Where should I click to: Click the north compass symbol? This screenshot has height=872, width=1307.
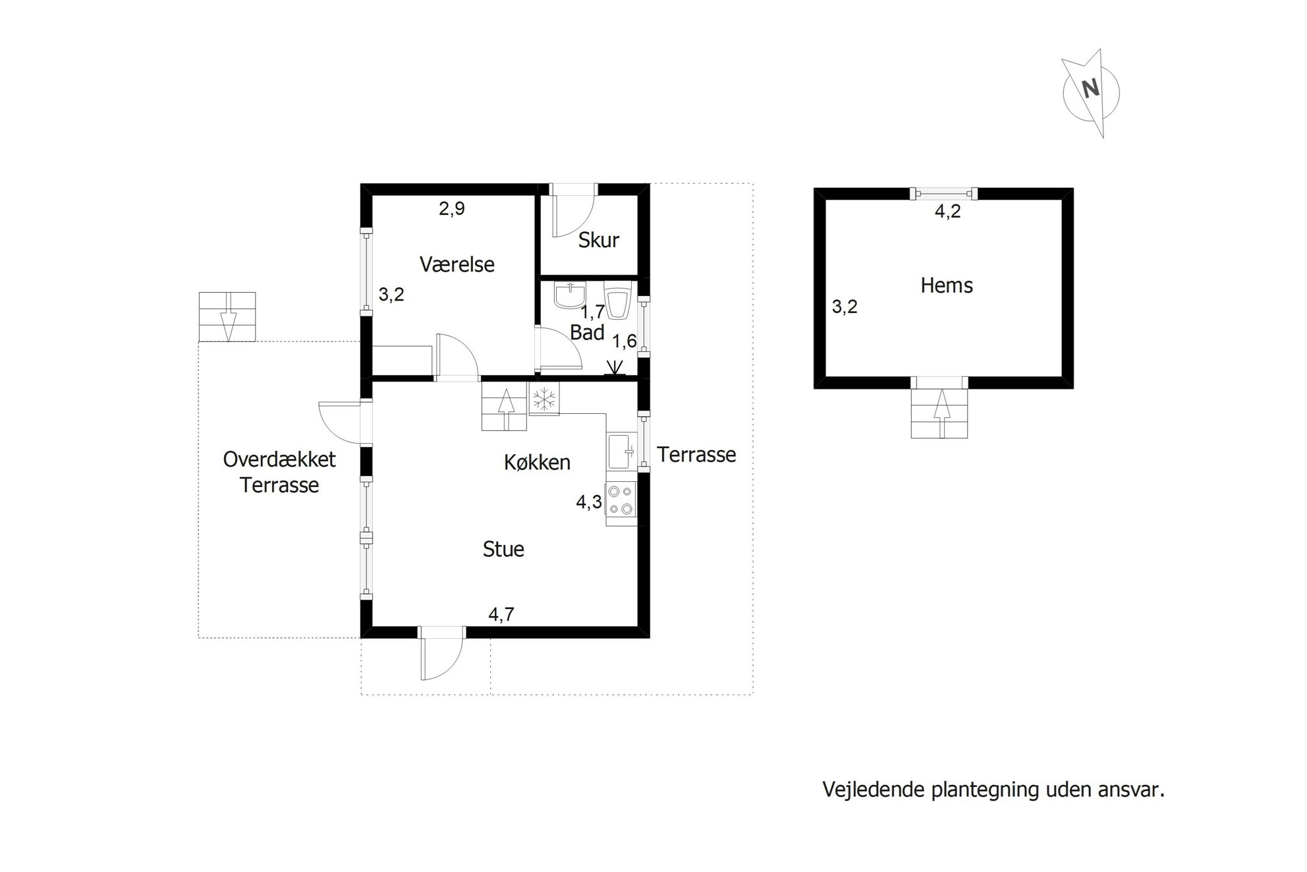(1090, 92)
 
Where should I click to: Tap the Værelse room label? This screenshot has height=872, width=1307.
(457, 264)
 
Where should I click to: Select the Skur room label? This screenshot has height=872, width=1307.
(598, 240)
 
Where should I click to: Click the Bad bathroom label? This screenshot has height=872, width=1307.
(587, 332)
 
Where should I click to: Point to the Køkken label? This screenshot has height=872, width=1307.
(537, 462)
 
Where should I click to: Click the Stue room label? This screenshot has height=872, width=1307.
(503, 549)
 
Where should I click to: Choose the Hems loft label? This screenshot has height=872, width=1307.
(947, 285)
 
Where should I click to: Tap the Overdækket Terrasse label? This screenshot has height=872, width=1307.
(279, 472)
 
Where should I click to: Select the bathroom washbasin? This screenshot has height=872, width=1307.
(570, 295)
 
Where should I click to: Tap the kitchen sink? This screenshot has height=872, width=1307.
(621, 451)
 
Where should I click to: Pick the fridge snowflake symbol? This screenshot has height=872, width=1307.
(544, 399)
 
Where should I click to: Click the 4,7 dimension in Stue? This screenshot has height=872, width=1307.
(501, 614)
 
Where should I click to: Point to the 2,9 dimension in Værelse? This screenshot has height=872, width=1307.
(452, 209)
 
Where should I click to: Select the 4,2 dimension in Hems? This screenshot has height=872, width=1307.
(948, 212)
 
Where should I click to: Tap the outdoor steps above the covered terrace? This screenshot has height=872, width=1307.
(227, 317)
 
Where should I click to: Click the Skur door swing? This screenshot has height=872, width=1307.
(572, 215)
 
